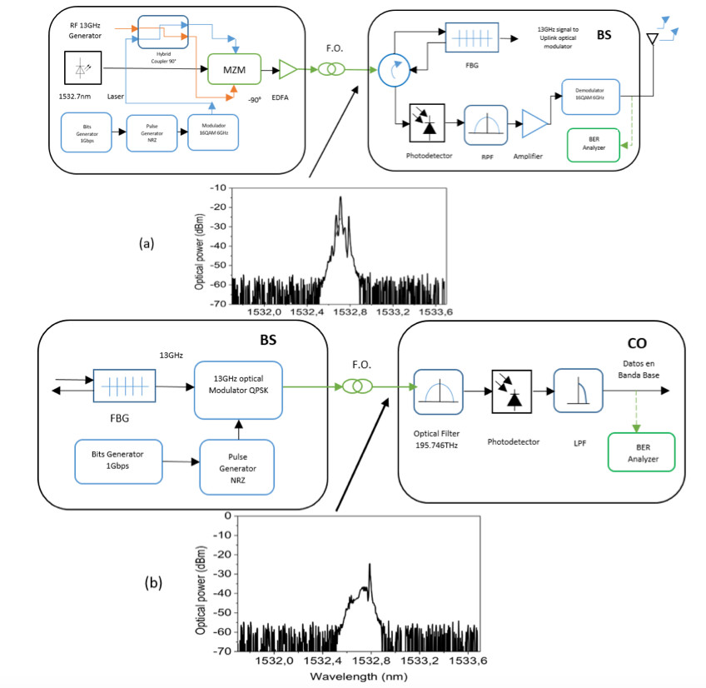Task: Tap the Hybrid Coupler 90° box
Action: tap(163, 31)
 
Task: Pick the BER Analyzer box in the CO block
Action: tap(642, 452)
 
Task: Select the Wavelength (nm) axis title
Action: tap(358, 677)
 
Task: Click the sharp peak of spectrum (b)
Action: tap(369, 566)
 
